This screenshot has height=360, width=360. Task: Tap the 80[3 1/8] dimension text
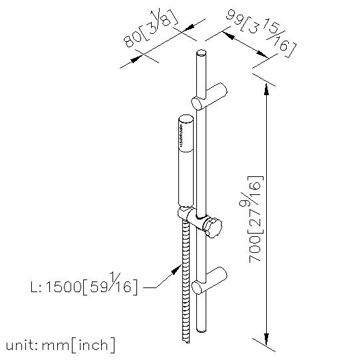151,29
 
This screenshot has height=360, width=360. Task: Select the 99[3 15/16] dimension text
261,33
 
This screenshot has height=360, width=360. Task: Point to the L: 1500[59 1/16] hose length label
84,284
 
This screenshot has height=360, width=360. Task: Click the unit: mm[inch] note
61,345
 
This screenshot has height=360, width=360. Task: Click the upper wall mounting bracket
209,96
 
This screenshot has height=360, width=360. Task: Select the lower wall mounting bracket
209,281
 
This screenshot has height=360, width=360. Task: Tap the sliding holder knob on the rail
214,228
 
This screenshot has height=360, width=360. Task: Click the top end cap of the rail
202,53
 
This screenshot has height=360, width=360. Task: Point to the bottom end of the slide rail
202,330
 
